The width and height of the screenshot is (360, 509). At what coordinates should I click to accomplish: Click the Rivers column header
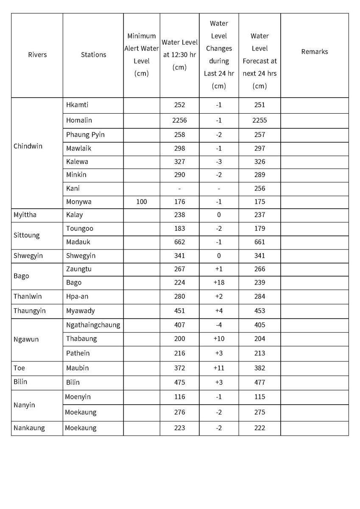pos(37,55)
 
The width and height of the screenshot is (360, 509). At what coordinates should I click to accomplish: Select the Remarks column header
pos(314,52)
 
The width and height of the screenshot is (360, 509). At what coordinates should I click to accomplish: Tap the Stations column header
pos(93,55)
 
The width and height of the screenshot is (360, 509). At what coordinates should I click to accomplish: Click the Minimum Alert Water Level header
pos(142,55)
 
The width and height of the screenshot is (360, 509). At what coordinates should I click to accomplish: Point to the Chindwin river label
pos(28,146)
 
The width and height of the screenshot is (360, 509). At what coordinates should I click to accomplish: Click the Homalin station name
pos(79,120)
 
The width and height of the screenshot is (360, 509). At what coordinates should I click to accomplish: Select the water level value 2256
pos(179,120)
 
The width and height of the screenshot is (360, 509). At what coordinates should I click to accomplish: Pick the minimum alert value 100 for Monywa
pos(142,202)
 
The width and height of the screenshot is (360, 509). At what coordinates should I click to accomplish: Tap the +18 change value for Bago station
pos(218,282)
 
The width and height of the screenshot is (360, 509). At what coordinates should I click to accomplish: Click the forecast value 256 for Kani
pos(259,188)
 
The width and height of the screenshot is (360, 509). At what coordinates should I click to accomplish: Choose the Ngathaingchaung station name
pos(93,325)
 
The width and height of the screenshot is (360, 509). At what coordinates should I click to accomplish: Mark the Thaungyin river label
pos(30,311)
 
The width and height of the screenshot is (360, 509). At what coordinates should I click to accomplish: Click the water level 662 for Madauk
pos(179,242)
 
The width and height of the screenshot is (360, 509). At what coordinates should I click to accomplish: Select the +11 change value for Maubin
pos(218,368)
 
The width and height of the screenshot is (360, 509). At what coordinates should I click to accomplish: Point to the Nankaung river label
pos(29,428)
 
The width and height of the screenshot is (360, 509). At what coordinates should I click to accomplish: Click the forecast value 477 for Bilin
pos(259,382)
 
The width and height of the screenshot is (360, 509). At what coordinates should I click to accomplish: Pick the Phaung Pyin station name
pos(85,134)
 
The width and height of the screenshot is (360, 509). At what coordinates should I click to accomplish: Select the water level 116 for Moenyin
pos(179,397)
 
